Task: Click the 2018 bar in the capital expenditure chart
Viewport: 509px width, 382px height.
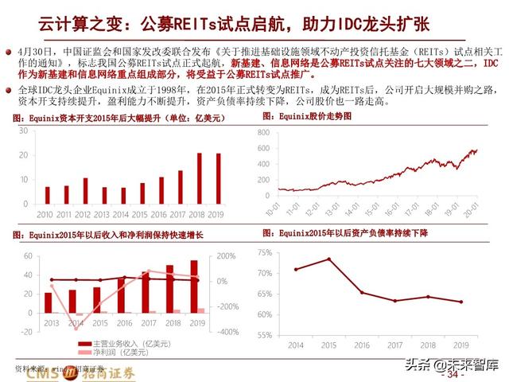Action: click(x=200, y=179)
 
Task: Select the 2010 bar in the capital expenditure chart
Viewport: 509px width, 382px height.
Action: click(x=48, y=196)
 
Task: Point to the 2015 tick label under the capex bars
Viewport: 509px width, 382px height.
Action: click(x=142, y=214)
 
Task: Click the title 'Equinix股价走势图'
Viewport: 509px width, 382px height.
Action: click(x=309, y=117)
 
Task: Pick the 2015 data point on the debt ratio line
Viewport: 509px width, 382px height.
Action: click(x=329, y=259)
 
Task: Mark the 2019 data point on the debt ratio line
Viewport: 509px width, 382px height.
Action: click(x=461, y=302)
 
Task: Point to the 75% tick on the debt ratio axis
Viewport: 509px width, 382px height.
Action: click(x=264, y=251)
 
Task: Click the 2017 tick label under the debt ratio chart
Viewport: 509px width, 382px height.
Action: click(x=395, y=345)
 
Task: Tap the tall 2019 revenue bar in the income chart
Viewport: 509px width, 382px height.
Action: click(x=194, y=286)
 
